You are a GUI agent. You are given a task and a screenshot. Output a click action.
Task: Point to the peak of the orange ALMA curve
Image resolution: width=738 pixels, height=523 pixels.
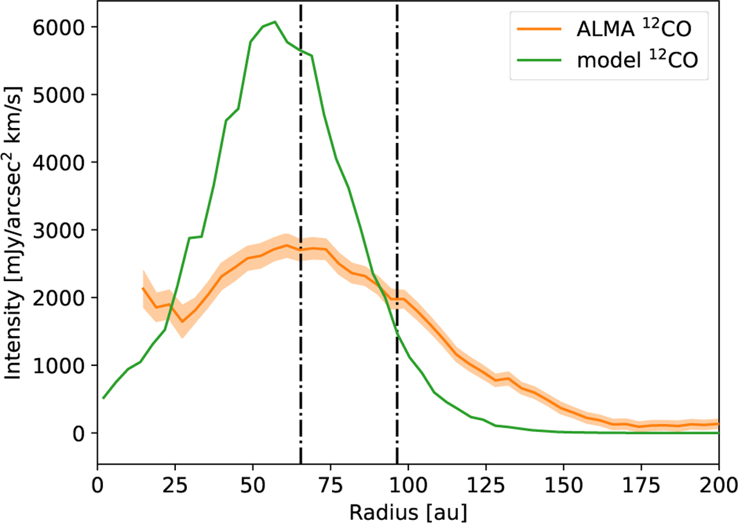point(287,245)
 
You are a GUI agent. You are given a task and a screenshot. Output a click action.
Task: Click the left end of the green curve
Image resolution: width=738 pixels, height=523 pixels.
point(103,398)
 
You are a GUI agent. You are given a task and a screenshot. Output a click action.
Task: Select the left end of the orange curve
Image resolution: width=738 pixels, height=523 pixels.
point(143,288)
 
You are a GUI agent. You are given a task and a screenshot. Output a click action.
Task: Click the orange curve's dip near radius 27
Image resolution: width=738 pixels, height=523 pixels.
point(182,321)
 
